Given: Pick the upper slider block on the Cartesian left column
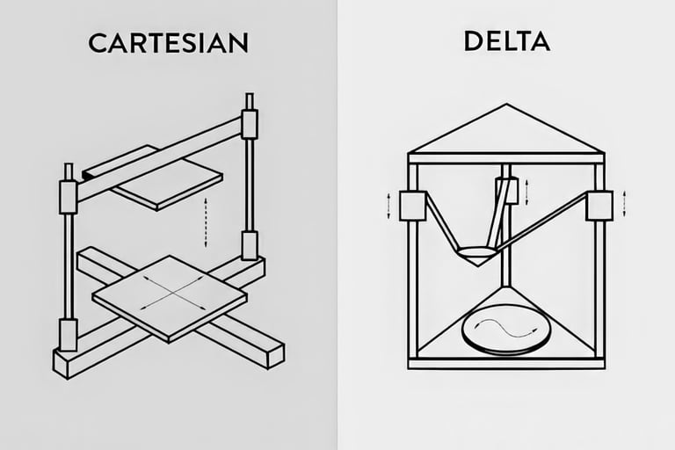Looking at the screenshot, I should (x=68, y=196).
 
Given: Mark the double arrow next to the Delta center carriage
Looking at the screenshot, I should (x=526, y=189).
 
